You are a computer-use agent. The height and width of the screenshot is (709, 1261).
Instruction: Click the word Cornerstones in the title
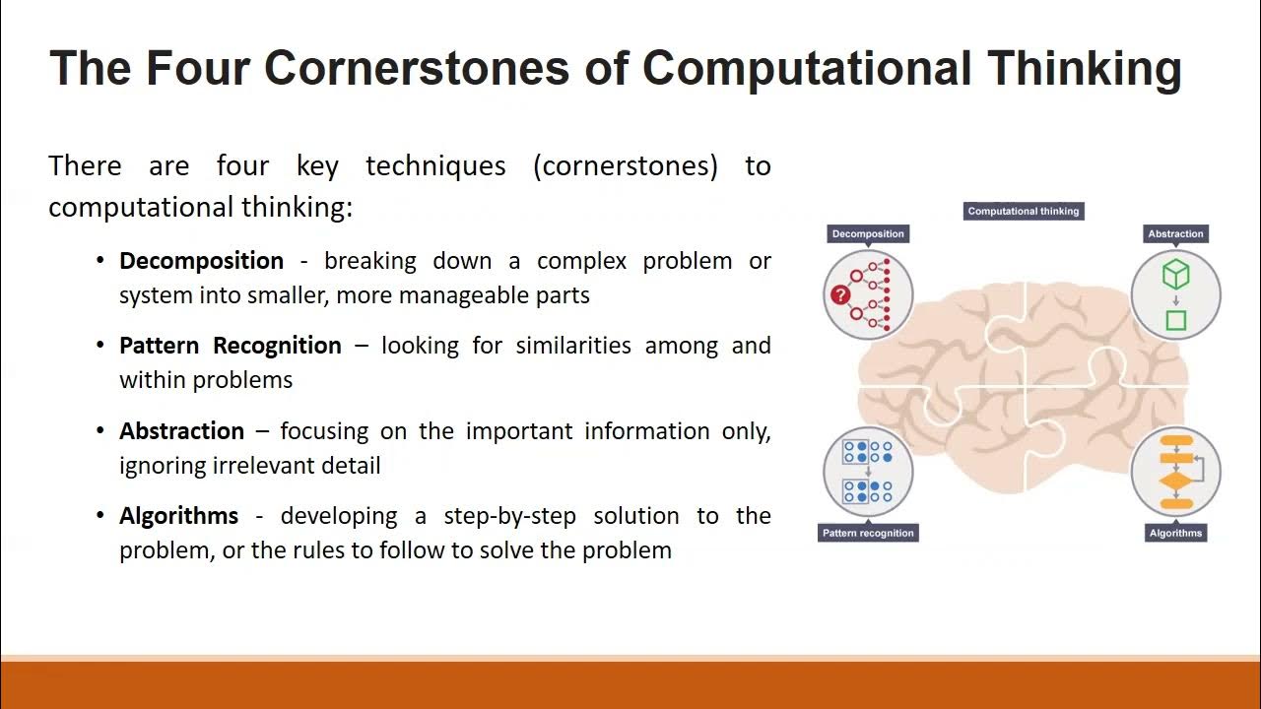click(416, 69)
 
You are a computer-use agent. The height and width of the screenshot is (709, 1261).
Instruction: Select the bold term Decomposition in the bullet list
click(201, 261)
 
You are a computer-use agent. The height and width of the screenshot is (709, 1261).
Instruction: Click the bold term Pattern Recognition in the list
click(230, 346)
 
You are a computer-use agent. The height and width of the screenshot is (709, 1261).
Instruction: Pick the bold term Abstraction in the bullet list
click(181, 431)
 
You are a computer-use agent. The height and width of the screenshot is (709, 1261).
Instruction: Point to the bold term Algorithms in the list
click(178, 516)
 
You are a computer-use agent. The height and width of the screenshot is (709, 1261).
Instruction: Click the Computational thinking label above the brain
click(1023, 211)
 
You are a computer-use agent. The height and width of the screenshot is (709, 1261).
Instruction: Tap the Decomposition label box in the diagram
click(867, 233)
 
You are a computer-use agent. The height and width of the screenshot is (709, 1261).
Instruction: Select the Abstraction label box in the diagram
click(1175, 233)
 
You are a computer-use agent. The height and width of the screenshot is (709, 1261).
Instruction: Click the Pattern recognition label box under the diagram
click(867, 533)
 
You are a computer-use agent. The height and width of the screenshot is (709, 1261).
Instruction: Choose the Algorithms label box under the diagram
click(1175, 533)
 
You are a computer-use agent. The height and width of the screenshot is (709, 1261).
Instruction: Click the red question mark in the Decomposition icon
click(840, 294)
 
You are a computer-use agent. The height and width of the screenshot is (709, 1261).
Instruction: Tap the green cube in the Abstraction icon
click(1175, 275)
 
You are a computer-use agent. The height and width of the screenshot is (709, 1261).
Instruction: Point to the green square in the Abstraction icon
click(1175, 320)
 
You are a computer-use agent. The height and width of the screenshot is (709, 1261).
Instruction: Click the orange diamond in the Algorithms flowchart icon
click(1175, 482)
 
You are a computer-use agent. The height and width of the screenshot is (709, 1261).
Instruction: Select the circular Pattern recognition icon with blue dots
click(867, 472)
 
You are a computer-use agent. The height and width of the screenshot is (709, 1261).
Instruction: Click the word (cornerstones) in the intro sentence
click(625, 165)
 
